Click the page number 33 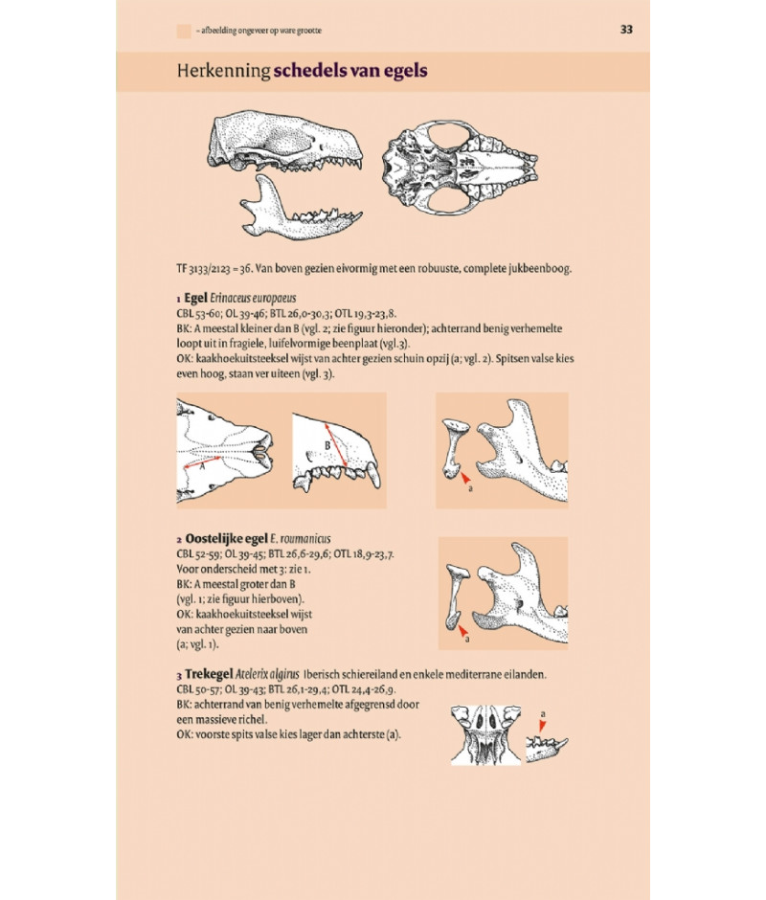(x=626, y=30)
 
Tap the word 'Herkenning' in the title (x=223, y=71)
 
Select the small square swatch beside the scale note (x=184, y=31)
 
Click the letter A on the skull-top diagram (x=202, y=467)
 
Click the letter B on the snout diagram (x=327, y=445)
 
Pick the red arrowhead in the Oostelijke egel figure (x=462, y=631)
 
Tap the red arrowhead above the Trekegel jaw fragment (x=542, y=726)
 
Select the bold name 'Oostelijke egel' (x=226, y=538)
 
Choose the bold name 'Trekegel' (x=209, y=674)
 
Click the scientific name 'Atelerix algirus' (x=267, y=674)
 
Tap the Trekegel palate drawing (x=485, y=735)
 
